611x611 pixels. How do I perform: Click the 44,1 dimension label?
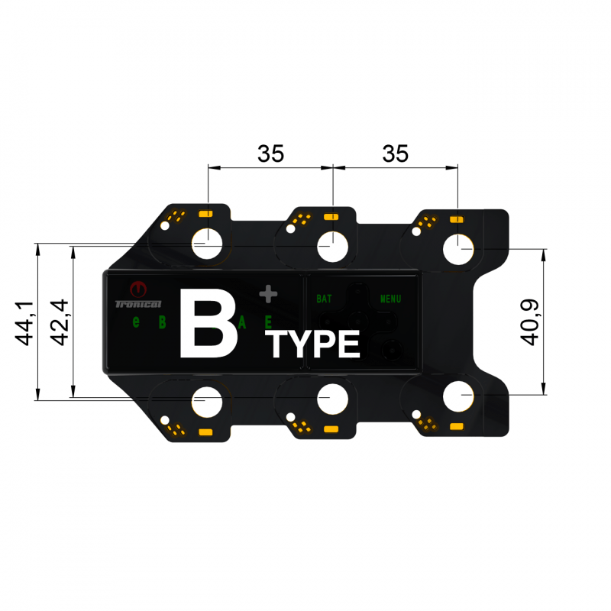[26, 323]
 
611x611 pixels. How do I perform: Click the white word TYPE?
[314, 345]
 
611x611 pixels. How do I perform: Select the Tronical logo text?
[137, 304]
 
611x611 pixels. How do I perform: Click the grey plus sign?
[267, 293]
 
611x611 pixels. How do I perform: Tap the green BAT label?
[324, 299]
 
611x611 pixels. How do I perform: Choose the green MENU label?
[390, 299]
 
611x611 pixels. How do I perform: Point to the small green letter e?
[136, 322]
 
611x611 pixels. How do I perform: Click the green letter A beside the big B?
[242, 322]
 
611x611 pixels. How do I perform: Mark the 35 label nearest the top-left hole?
[270, 154]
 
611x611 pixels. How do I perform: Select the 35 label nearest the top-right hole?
[395, 154]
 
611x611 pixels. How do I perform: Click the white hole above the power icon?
[207, 245]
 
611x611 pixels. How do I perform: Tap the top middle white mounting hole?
[333, 247]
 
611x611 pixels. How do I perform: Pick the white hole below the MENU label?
[458, 398]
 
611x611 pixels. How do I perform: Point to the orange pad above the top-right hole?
[457, 219]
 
